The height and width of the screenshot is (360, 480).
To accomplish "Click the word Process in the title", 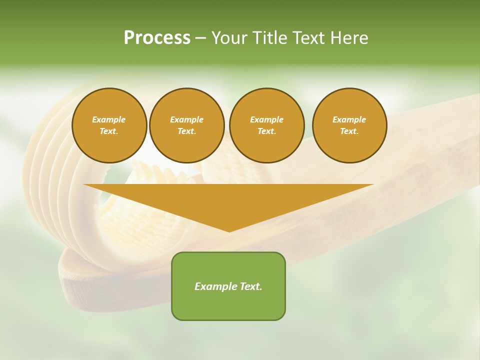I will [157, 38].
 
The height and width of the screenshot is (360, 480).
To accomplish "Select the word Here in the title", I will [348, 38].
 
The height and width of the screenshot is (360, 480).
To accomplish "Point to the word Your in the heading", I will [230, 38].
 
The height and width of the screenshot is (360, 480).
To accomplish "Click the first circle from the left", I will [109, 125].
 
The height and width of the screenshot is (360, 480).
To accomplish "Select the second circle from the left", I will [186, 125].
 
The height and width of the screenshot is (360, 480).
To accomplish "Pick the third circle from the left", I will [266, 125].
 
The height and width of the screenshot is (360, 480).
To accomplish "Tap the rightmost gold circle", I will [349, 125].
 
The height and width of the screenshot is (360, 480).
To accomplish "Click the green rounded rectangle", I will [228, 286].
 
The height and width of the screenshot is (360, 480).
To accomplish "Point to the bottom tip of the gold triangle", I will [229, 231].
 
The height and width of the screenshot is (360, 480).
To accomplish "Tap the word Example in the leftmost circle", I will [109, 119].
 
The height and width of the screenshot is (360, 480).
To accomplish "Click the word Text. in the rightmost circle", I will [349, 131].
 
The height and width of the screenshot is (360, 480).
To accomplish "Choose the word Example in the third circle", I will [266, 119].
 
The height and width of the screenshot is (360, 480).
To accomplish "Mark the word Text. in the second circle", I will [186, 131].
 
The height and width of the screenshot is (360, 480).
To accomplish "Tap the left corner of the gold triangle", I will [84, 185].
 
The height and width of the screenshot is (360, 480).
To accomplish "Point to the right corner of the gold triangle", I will [372, 185].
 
